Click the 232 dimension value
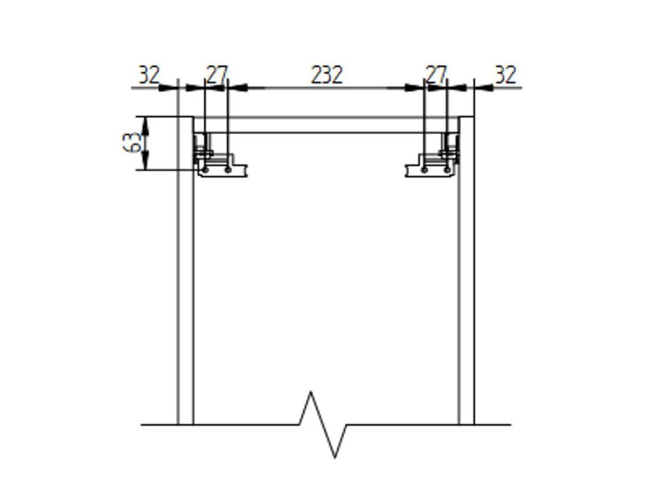tap(327, 75)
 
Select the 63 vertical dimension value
tap(131, 142)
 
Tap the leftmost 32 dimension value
tap(149, 75)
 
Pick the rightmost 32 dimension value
tap(506, 75)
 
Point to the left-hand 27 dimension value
tap(217, 75)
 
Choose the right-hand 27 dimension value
tap(436, 75)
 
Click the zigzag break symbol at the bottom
tap(323, 424)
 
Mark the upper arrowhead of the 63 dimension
tap(145, 125)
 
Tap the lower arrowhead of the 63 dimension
tap(145, 161)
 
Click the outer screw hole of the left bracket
tap(205, 170)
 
